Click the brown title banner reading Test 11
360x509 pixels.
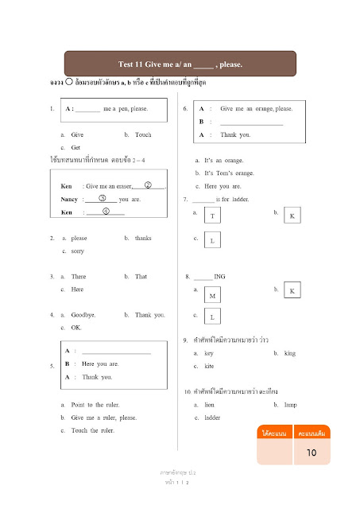pos(180,64)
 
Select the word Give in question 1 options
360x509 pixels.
pos(77,135)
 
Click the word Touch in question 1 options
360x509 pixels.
pos(143,135)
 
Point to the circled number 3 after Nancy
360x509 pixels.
pos(102,197)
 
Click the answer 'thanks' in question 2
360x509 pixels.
pos(143,238)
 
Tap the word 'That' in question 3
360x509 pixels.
pos(141,277)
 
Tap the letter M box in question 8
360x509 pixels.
pos(213,295)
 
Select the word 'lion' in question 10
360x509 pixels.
pos(211,405)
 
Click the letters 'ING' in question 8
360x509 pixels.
pos(220,277)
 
